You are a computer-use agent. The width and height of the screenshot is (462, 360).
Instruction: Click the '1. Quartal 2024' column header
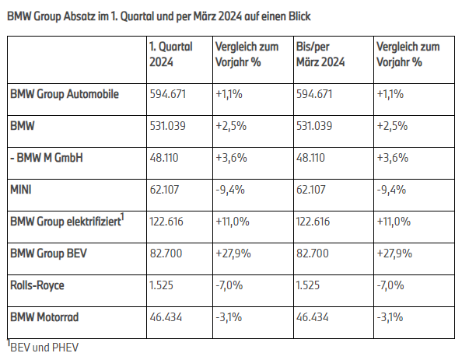171,54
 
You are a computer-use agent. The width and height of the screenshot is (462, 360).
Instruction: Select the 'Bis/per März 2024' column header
320,54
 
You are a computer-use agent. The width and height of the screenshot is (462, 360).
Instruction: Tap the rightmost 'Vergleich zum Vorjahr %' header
408,54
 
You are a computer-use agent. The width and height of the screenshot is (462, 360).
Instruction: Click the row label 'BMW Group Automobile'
65,94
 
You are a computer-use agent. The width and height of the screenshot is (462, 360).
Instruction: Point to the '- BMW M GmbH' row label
47,158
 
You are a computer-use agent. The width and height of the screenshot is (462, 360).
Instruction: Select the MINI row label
21,190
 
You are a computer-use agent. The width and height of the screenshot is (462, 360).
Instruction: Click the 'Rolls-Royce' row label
37,285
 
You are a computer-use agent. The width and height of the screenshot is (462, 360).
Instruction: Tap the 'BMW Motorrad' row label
44,317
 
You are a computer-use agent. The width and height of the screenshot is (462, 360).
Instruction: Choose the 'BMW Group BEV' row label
49,253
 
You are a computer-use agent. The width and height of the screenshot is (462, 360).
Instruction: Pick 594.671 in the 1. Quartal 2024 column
168,94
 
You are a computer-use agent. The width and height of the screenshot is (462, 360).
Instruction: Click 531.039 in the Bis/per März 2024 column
314,126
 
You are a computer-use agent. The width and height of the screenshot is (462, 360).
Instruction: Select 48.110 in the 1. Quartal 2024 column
164,158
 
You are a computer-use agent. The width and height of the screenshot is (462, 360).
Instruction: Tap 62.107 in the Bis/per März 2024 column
311,190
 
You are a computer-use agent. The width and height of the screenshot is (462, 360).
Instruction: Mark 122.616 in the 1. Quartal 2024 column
166,222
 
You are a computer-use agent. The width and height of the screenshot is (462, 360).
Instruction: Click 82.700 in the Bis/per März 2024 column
313,253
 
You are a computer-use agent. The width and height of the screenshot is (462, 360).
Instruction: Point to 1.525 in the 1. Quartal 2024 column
162,285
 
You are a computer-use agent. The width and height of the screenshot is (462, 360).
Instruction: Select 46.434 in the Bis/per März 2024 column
313,317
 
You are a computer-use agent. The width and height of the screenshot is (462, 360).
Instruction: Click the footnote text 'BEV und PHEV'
44,348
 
